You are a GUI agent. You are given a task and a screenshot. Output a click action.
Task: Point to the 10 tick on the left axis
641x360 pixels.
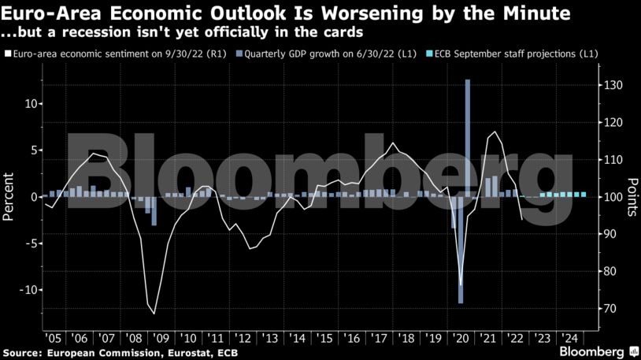point(31,104)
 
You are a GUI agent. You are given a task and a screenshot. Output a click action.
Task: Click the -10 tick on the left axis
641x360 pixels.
point(29,290)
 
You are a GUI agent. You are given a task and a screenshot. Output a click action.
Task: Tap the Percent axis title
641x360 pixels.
point(9,197)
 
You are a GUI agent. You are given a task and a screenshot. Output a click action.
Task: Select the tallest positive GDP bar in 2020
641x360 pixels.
point(468,138)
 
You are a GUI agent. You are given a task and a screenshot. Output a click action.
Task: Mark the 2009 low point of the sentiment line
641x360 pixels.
point(154,314)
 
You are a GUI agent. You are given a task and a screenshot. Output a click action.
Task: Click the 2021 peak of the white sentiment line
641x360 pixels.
point(495,132)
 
